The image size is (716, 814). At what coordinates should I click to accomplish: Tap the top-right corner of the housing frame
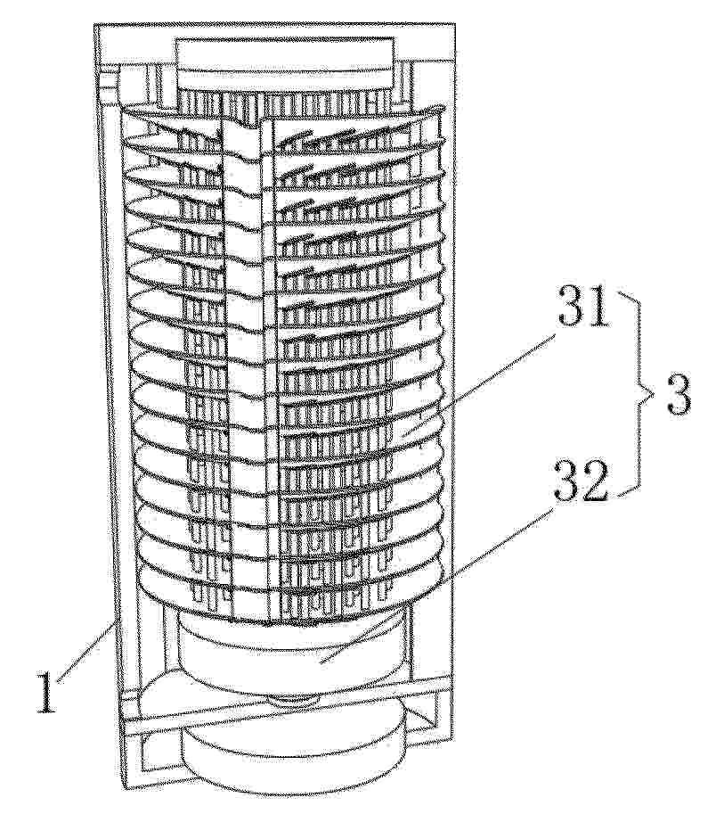click(x=455, y=23)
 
